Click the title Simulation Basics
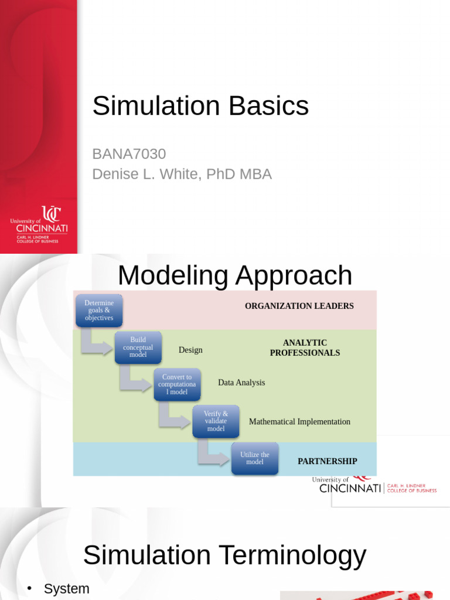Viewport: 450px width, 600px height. (x=200, y=106)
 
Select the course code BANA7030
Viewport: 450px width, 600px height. (x=129, y=154)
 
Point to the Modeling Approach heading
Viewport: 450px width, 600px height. (x=235, y=275)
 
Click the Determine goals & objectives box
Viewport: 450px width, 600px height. (x=99, y=311)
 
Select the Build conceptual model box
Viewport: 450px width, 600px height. (x=138, y=347)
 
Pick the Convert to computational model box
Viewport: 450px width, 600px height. (x=177, y=384)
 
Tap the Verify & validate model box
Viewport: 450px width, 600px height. (x=216, y=421)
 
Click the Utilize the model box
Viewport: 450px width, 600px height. (x=255, y=458)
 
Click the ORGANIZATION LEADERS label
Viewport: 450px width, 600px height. (x=299, y=306)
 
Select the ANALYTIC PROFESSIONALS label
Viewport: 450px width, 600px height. (x=305, y=347)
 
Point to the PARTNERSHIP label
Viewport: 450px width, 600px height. (x=327, y=461)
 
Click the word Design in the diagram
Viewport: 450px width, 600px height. (x=190, y=350)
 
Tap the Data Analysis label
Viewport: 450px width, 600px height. (x=241, y=383)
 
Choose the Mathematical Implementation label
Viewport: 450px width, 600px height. (x=299, y=421)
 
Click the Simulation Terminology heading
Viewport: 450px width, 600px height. (x=224, y=555)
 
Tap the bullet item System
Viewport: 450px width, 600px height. (x=67, y=589)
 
